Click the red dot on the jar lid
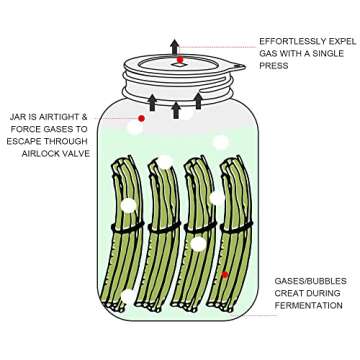click(180, 60)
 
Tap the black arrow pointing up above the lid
click(175, 47)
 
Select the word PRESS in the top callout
click(273, 66)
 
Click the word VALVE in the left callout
click(75, 154)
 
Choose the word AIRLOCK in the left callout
click(41, 154)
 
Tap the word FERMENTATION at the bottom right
click(308, 306)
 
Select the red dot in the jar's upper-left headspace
click(141, 119)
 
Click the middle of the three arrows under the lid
click(176, 108)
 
